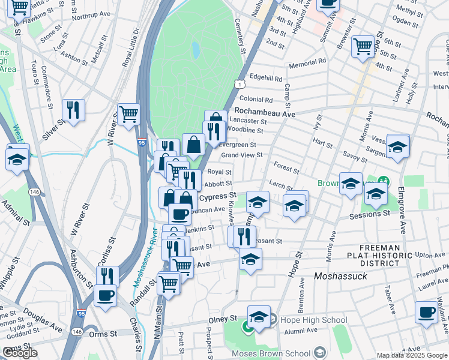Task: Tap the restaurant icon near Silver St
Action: (x=73, y=110)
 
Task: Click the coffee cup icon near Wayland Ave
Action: (x=427, y=312)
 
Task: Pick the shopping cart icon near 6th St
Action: (x=363, y=46)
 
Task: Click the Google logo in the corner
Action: (x=21, y=353)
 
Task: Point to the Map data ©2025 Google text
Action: (x=412, y=355)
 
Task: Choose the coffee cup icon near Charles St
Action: (x=106, y=295)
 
